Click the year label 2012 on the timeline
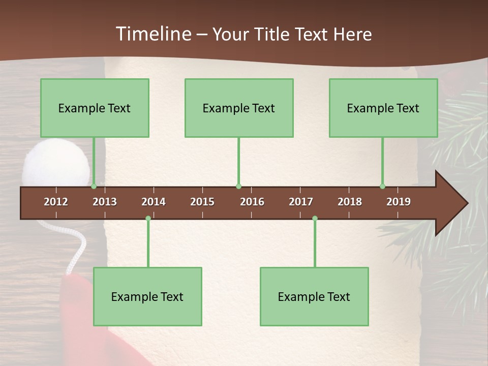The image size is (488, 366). [x=56, y=202]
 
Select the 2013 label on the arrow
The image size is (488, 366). [x=105, y=202]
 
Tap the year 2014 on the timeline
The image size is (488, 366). [x=154, y=202]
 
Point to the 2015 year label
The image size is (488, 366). [x=202, y=202]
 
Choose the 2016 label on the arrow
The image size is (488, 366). [x=252, y=202]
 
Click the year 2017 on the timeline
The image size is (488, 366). [x=301, y=202]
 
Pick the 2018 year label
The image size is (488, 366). [x=350, y=202]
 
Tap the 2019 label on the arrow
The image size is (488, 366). [x=399, y=202]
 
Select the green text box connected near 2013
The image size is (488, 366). [x=95, y=108]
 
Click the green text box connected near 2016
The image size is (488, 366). [x=239, y=108]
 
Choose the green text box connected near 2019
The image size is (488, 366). [x=383, y=108]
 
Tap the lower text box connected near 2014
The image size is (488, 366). [x=147, y=296]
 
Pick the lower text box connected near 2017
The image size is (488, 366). [x=314, y=296]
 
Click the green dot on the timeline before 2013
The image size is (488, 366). [x=94, y=187]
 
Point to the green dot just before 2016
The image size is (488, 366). [x=238, y=187]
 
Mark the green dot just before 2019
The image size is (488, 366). [x=383, y=187]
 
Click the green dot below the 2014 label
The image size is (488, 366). [x=148, y=218]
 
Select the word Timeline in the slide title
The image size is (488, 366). [x=152, y=34]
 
